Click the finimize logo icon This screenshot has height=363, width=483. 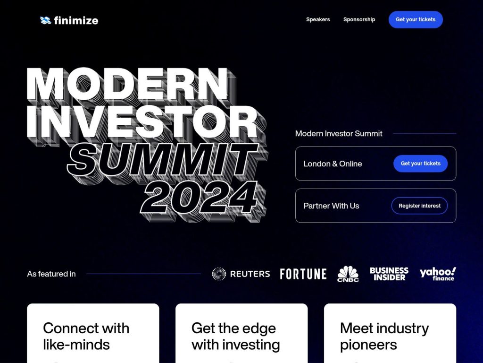tap(45, 20)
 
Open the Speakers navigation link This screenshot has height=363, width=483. tap(318, 19)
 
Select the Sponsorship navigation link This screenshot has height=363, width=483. tap(359, 19)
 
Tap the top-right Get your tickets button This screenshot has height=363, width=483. tap(416, 19)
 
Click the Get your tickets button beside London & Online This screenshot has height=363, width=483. tap(420, 164)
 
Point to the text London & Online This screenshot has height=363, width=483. tap(333, 164)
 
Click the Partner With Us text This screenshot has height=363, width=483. tap(331, 206)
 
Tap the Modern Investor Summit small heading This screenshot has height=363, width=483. tap(339, 133)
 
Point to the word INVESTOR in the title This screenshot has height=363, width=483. tap(142, 122)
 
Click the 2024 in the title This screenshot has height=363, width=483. tap(200, 196)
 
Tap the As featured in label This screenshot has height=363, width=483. tap(51, 274)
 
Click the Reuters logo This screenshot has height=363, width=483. tap(241, 274)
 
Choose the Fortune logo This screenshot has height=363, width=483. tap(303, 274)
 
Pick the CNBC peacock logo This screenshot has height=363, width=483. tap(348, 274)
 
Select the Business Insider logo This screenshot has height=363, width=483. tap(389, 274)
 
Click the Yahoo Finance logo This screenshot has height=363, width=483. tap(438, 274)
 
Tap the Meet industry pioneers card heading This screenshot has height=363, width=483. tap(384, 336)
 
